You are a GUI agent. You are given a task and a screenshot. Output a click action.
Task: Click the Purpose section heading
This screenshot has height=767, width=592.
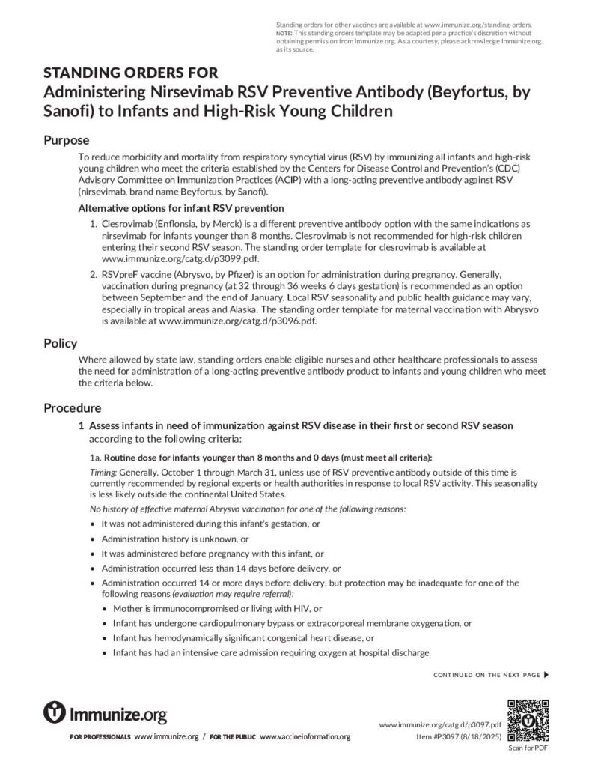click(66, 140)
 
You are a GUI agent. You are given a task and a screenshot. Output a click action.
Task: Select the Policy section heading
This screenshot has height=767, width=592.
click(60, 343)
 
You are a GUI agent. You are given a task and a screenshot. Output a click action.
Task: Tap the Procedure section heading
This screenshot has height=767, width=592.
click(72, 408)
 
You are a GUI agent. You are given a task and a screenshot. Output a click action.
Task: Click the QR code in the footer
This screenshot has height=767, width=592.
click(528, 719)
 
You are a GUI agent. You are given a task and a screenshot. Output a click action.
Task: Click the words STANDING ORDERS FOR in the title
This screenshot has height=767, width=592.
click(131, 73)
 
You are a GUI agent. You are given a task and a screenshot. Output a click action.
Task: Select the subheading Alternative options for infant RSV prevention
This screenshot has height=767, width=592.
click(180, 208)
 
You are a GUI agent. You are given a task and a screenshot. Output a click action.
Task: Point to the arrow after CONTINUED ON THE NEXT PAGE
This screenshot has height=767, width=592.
click(546, 675)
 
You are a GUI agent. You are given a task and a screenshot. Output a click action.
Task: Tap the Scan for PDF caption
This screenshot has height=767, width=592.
click(528, 748)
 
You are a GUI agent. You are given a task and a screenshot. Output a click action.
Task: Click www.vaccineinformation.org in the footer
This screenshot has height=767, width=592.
click(305, 737)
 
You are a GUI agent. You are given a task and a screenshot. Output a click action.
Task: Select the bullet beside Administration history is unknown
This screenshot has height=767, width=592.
click(92, 539)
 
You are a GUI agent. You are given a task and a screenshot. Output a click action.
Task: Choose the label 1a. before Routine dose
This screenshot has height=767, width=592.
click(95, 458)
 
